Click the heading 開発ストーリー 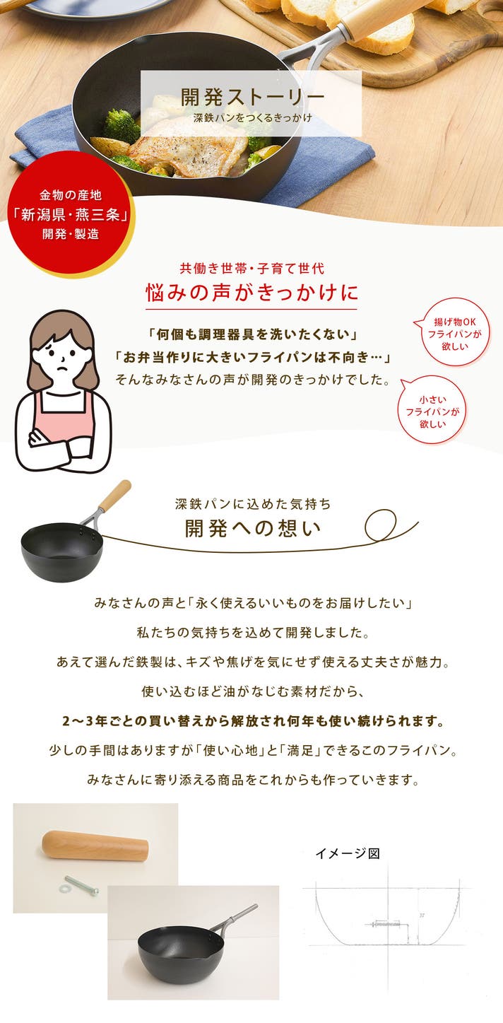(252, 97)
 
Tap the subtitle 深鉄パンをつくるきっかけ (252, 118)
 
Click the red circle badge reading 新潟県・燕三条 (70, 214)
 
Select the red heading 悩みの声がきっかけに (251, 292)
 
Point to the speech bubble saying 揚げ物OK (454, 333)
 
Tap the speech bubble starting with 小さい (432, 411)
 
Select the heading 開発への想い (253, 528)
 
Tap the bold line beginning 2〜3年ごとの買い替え (254, 722)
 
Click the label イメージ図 (348, 853)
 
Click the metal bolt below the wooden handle (82, 886)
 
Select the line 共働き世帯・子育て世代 (252, 268)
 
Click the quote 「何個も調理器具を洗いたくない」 (252, 334)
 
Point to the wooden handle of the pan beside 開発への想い (114, 496)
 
